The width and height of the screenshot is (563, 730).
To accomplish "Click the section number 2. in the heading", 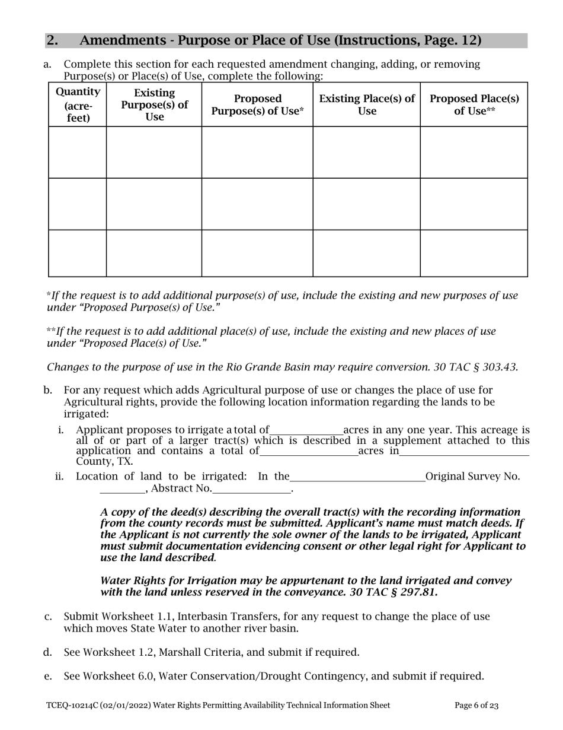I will point(52,40).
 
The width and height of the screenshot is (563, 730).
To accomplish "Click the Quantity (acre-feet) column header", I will point(78,104).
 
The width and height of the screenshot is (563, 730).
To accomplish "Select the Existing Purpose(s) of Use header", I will point(154,104).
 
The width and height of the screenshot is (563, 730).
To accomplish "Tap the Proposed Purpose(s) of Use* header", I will point(257,104).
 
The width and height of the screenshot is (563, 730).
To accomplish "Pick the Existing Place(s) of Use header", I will point(367,104).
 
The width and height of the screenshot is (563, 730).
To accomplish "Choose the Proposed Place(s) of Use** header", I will point(474,104).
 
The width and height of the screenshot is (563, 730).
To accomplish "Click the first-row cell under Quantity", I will point(78,153).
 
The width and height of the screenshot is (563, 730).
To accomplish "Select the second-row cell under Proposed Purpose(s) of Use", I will point(257,204).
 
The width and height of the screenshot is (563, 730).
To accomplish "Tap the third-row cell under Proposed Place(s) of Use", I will point(474,253).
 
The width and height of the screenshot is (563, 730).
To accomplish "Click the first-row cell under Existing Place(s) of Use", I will point(367,153).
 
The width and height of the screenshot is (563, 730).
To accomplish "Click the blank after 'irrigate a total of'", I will point(306,430).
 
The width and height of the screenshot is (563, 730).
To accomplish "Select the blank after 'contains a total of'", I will point(309,452).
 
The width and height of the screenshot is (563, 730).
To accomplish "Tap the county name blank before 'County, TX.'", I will point(464,452).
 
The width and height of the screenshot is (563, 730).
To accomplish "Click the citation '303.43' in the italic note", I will point(501,367).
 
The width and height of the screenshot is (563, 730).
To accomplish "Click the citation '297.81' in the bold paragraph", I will point(419,592).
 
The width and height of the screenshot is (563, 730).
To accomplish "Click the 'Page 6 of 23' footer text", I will point(476,706).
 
